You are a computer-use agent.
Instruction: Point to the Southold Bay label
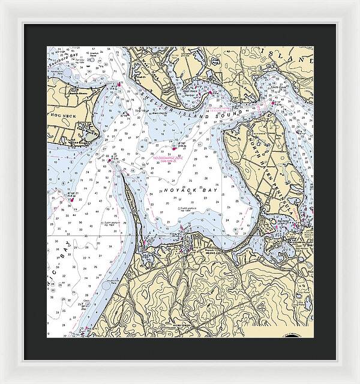[66, 60]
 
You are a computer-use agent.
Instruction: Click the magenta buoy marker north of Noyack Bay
[175, 146]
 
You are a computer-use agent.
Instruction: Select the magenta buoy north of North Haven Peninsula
[273, 103]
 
